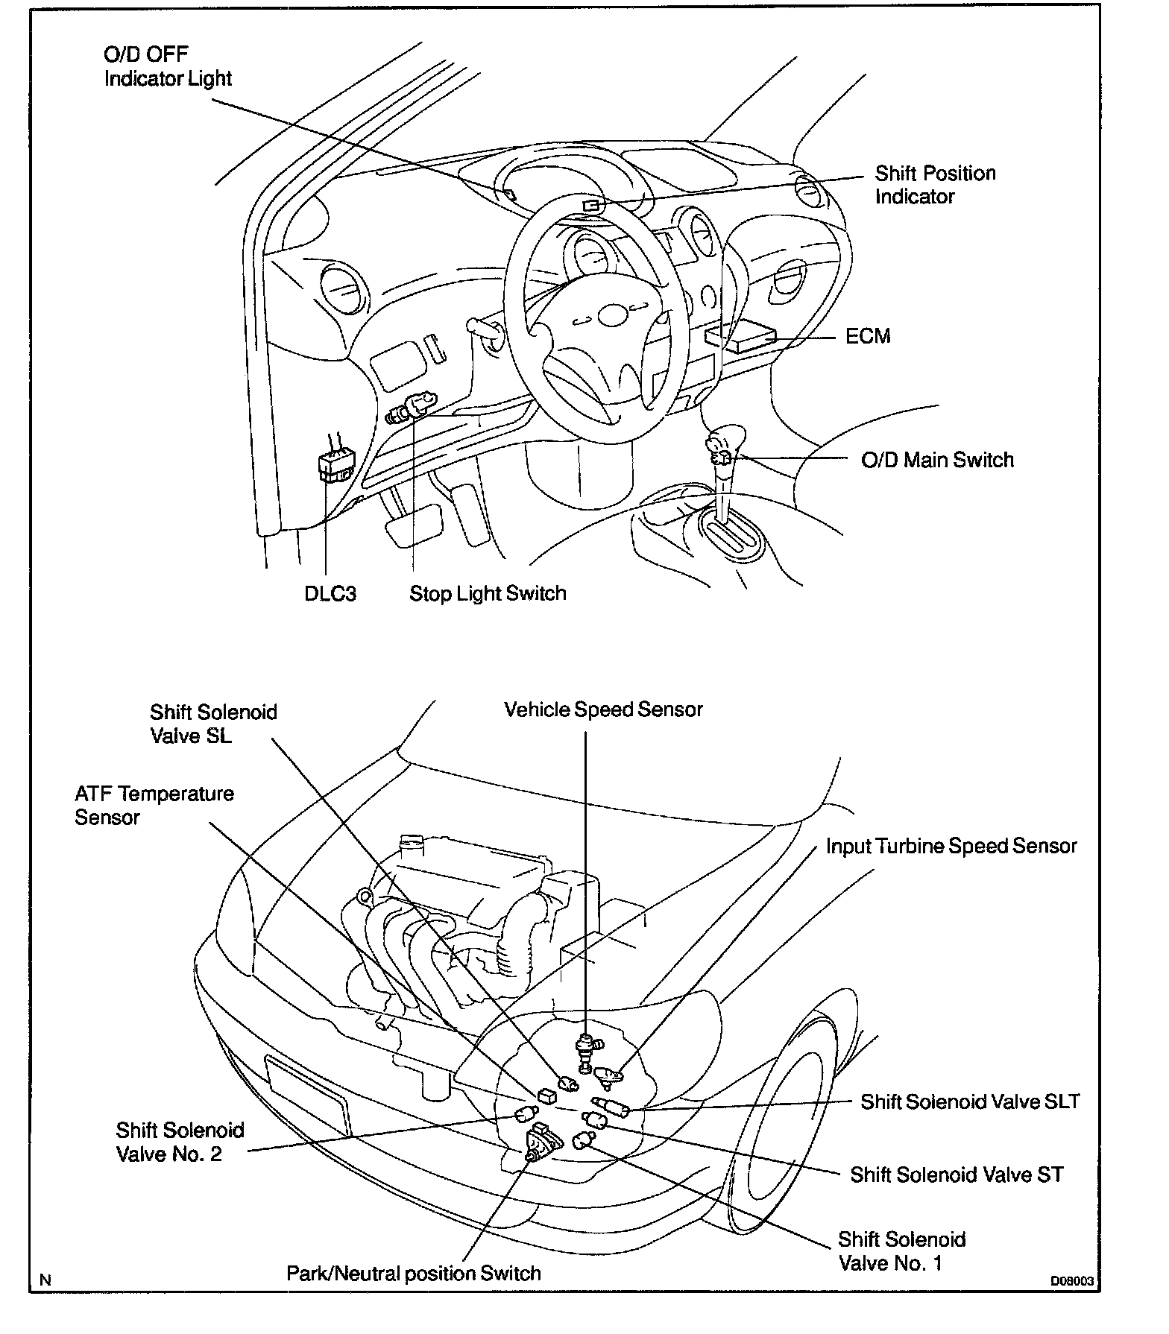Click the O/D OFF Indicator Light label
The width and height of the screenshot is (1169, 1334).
pos(168,66)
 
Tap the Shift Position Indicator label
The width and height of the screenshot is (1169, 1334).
pos(935,185)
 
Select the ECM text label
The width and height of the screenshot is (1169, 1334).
pos(868,336)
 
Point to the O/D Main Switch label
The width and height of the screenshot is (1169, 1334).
pos(937,460)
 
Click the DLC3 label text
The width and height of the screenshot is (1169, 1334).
pos(330,594)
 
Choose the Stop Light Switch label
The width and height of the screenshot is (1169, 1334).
pos(488,594)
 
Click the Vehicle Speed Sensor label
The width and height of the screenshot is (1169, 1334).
pos(603,709)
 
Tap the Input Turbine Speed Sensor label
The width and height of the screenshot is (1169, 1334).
pos(951,847)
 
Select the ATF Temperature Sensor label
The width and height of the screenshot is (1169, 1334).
pos(154,806)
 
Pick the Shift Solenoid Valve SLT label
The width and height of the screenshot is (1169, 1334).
pos(969,1102)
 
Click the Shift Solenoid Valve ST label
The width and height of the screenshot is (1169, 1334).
pos(957,1175)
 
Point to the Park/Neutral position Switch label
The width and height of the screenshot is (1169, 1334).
pos(414,1274)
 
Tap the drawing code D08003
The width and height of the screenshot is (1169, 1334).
pos(1072,1282)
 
